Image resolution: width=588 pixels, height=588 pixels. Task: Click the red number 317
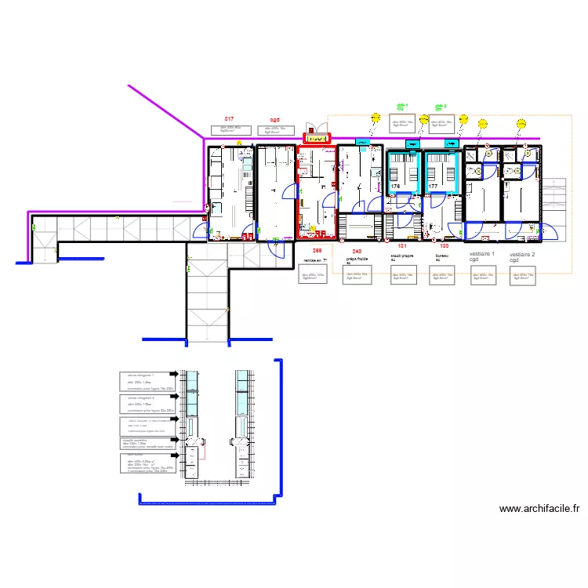228,119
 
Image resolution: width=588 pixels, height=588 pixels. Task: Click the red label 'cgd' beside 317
274,120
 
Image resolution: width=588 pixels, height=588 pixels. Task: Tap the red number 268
317,250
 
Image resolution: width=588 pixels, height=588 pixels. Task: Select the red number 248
357,250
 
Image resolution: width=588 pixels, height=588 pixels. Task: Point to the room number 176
395,187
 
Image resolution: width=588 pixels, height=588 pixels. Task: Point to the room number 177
433,187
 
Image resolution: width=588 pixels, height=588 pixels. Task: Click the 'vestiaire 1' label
482,255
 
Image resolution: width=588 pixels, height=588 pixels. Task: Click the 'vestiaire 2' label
521,255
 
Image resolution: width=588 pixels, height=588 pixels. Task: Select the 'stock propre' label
401,256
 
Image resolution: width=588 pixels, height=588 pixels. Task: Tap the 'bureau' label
441,256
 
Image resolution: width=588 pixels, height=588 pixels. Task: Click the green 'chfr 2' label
440,106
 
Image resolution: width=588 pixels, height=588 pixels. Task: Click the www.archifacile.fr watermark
539,509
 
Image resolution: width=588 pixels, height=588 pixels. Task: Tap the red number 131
402,246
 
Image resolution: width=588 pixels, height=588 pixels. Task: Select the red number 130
444,246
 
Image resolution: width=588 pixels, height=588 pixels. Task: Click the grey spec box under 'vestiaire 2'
521,276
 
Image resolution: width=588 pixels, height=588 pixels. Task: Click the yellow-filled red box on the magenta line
317,139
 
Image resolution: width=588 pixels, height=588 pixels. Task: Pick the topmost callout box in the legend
147,380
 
